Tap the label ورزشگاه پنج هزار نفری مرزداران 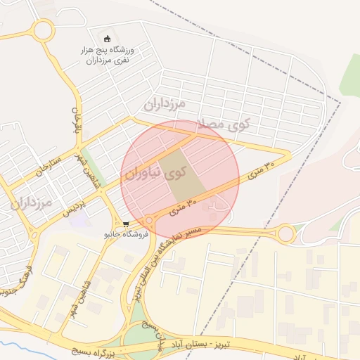(x=108, y=55)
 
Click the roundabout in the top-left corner (x=43, y=30)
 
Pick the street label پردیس (x=75, y=205)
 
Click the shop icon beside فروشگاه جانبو (x=126, y=225)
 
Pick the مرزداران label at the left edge (x=31, y=204)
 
